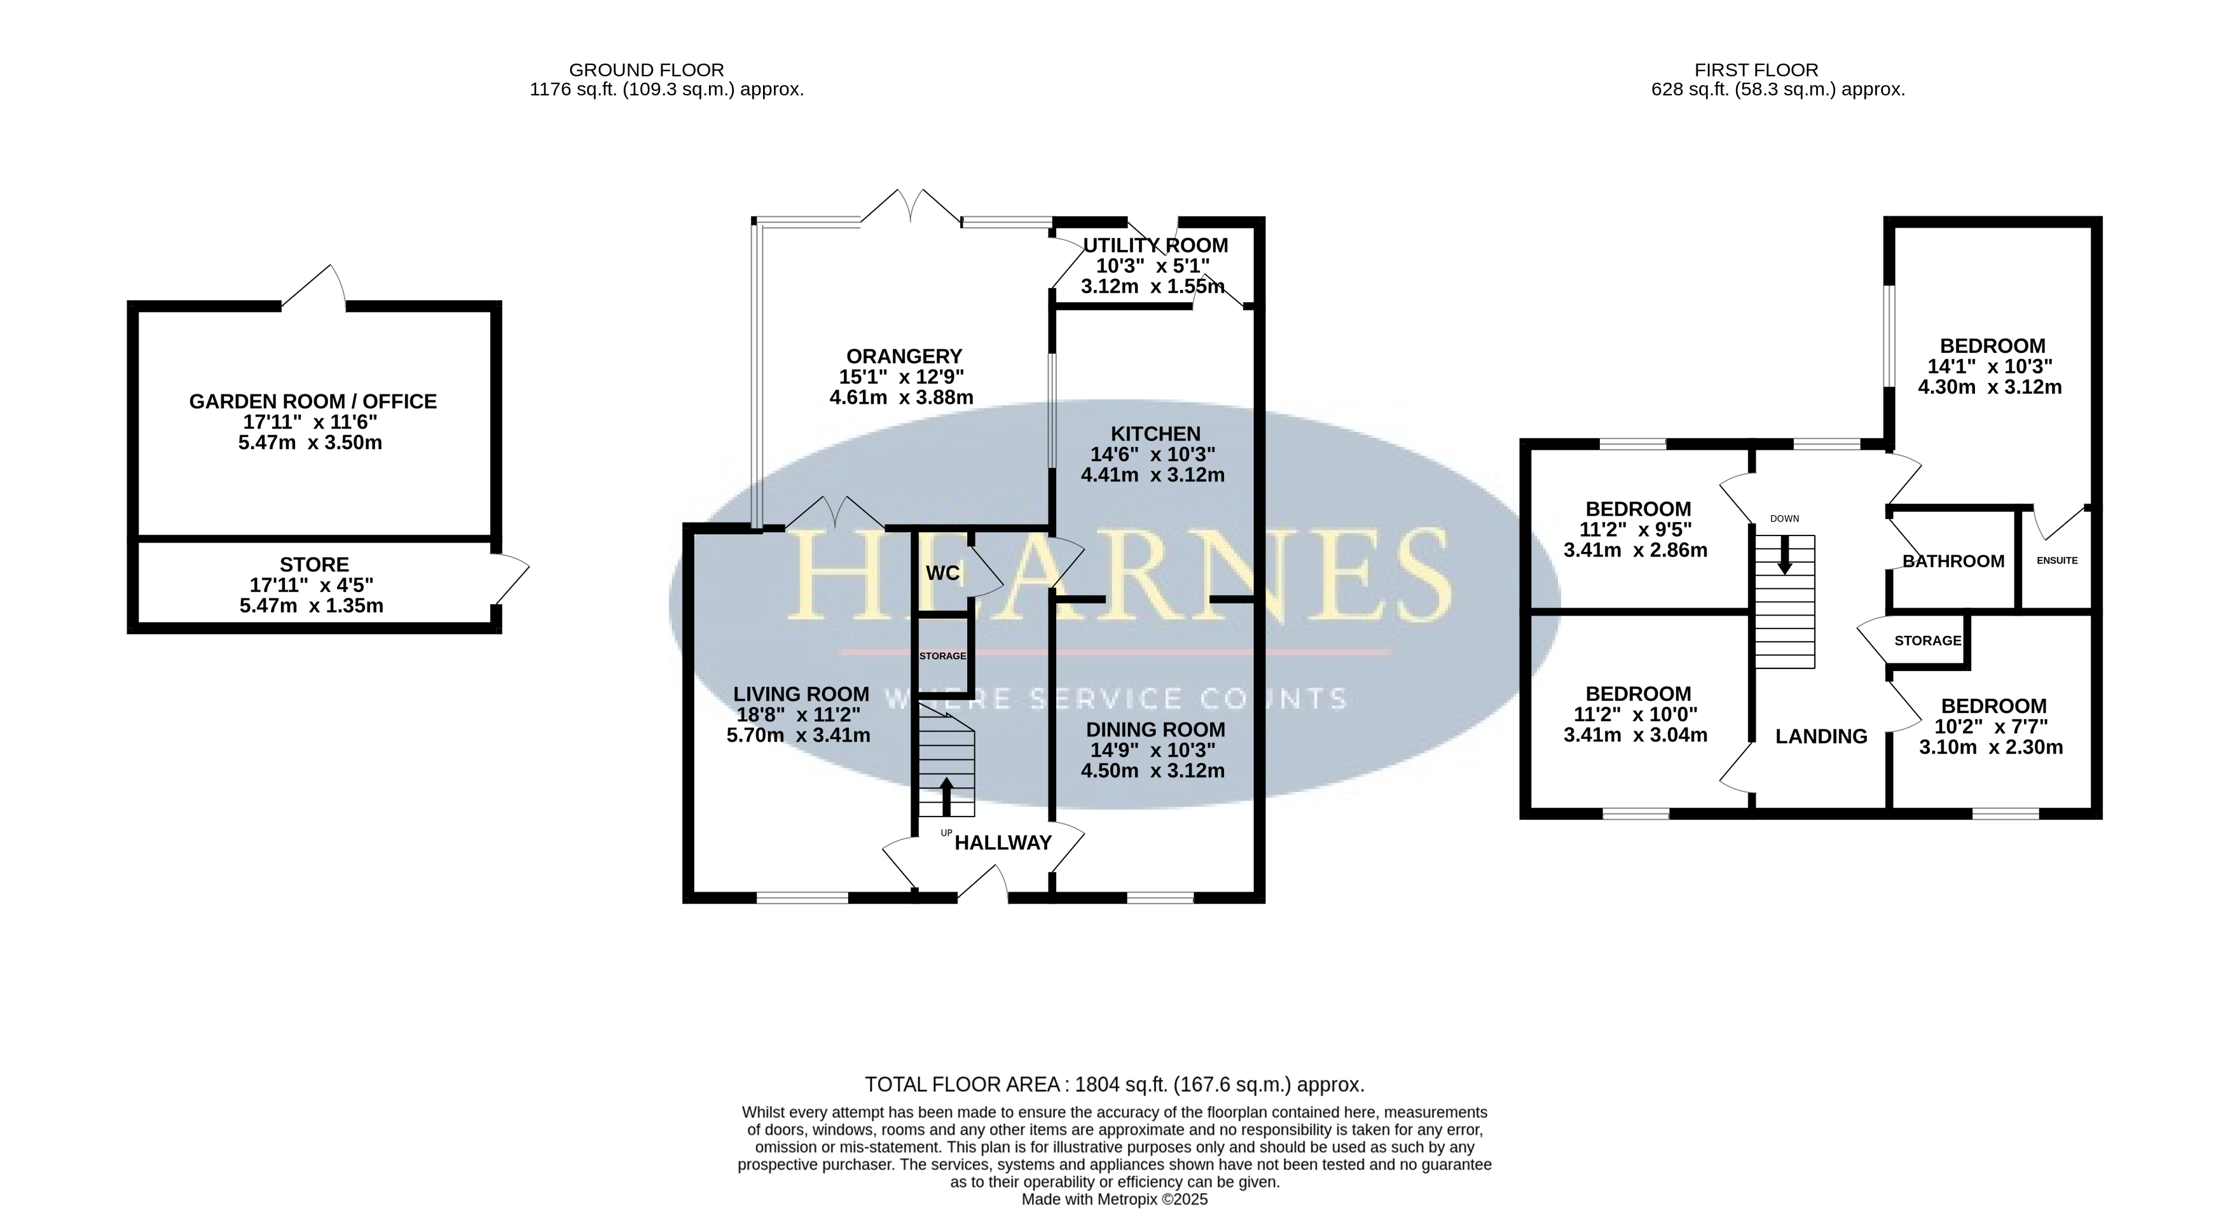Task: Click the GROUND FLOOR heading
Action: tap(647, 70)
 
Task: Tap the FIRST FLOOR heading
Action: tap(1756, 70)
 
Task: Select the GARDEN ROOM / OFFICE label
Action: tap(313, 402)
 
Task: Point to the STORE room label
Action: tap(314, 565)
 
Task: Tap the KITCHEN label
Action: tap(1155, 434)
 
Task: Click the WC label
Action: tap(943, 573)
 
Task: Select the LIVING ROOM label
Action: tap(801, 694)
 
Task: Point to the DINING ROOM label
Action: tap(1155, 730)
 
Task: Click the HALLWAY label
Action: tap(1003, 843)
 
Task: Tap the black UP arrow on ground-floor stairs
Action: tap(946, 796)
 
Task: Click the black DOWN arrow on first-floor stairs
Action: tap(1784, 555)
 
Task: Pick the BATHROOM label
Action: tap(1954, 561)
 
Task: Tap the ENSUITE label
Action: tap(2057, 560)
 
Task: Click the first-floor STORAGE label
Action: tap(1928, 641)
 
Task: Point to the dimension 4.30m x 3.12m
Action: tap(1990, 387)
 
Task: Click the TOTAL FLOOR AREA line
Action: tap(1115, 1084)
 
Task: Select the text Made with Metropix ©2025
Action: tap(1115, 1199)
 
